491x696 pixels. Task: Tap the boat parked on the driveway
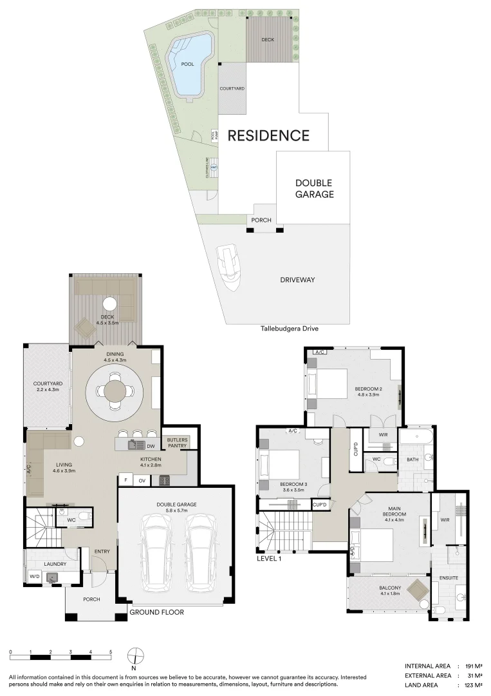pos(229,267)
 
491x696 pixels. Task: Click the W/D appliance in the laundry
pos(34,576)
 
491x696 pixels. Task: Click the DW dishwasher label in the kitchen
pos(150,445)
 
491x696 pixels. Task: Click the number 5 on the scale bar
pos(111,653)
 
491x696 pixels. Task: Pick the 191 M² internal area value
pos(473,666)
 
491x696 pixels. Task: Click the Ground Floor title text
pos(157,612)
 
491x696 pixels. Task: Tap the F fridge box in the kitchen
pos(125,479)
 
